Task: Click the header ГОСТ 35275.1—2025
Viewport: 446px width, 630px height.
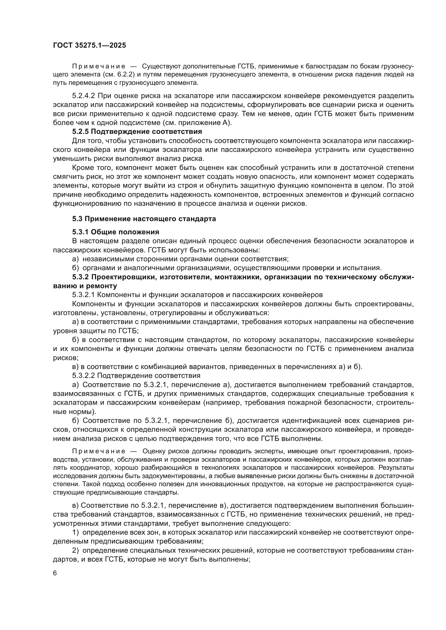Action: coord(89,45)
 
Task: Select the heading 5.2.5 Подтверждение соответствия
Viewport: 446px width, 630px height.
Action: coord(137,132)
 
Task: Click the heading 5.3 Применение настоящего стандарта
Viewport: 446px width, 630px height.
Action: coord(144,219)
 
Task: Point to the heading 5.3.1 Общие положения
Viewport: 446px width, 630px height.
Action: coord(116,232)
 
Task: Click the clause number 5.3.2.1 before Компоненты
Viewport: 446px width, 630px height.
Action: coord(83,295)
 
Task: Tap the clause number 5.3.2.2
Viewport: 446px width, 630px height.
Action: coord(83,375)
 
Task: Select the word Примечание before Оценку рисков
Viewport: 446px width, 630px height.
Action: coord(99,451)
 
